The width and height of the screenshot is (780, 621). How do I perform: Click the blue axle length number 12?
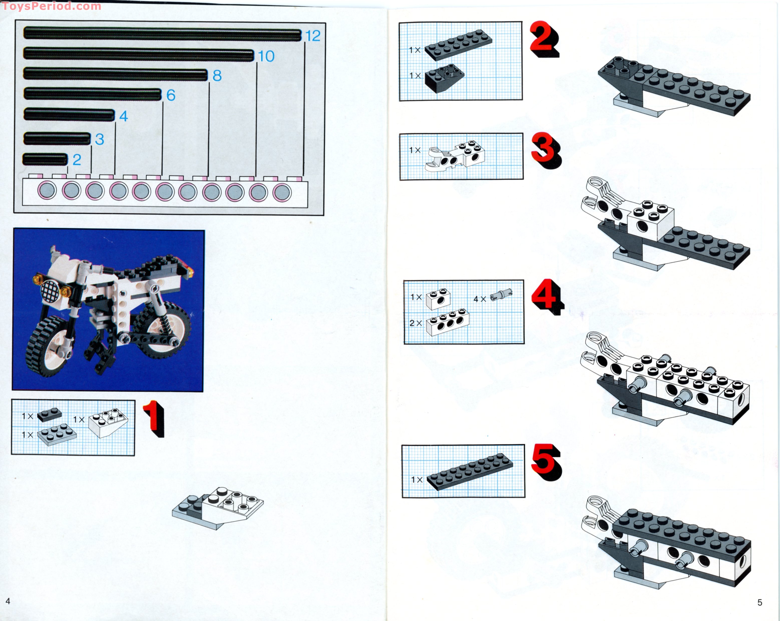(313, 36)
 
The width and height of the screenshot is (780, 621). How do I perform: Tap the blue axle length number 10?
(266, 56)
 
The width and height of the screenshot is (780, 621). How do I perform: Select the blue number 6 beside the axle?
(171, 95)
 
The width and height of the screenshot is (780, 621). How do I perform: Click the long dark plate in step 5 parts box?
(470, 472)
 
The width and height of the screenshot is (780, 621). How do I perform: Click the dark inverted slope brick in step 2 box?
(444, 79)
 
